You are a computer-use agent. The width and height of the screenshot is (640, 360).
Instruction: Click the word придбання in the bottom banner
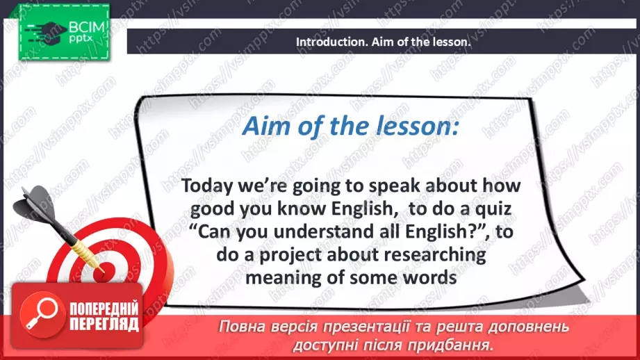[x=457, y=345]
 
